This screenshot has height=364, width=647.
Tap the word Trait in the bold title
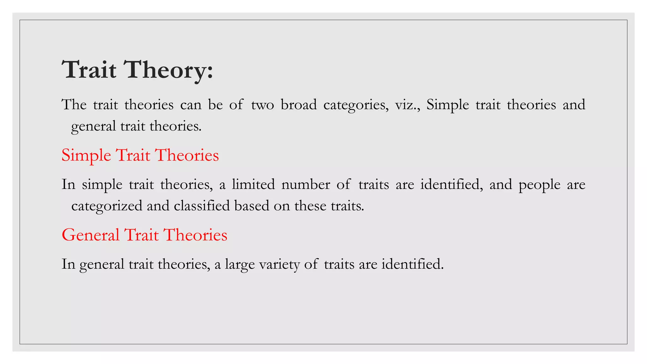pyautogui.click(x=89, y=70)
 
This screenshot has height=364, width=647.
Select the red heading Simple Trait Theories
pyautogui.click(x=140, y=155)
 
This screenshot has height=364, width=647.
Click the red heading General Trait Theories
pyautogui.click(x=144, y=235)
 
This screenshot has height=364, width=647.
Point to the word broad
pyautogui.click(x=299, y=105)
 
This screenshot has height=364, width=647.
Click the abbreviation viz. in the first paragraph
pyautogui.click(x=407, y=105)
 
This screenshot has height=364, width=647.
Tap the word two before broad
pyautogui.click(x=263, y=105)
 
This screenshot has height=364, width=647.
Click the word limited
pyautogui.click(x=253, y=184)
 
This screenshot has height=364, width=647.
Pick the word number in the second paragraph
pyautogui.click(x=305, y=184)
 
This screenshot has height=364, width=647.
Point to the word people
pyautogui.click(x=539, y=185)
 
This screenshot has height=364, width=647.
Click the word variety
pyautogui.click(x=279, y=264)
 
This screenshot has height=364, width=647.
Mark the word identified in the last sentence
pyautogui.click(x=412, y=264)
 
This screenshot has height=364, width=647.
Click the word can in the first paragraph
pyautogui.click(x=191, y=105)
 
